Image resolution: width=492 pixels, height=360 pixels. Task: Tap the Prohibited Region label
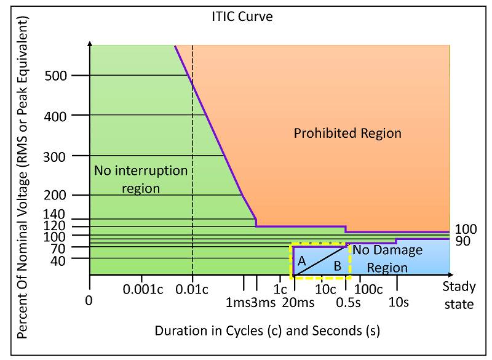point(347,133)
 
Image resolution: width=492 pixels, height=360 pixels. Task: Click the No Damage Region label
point(387,258)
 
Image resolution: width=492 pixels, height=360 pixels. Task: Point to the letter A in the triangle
point(301,261)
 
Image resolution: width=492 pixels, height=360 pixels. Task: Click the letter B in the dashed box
point(336,266)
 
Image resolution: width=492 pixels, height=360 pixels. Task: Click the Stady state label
point(458,295)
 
